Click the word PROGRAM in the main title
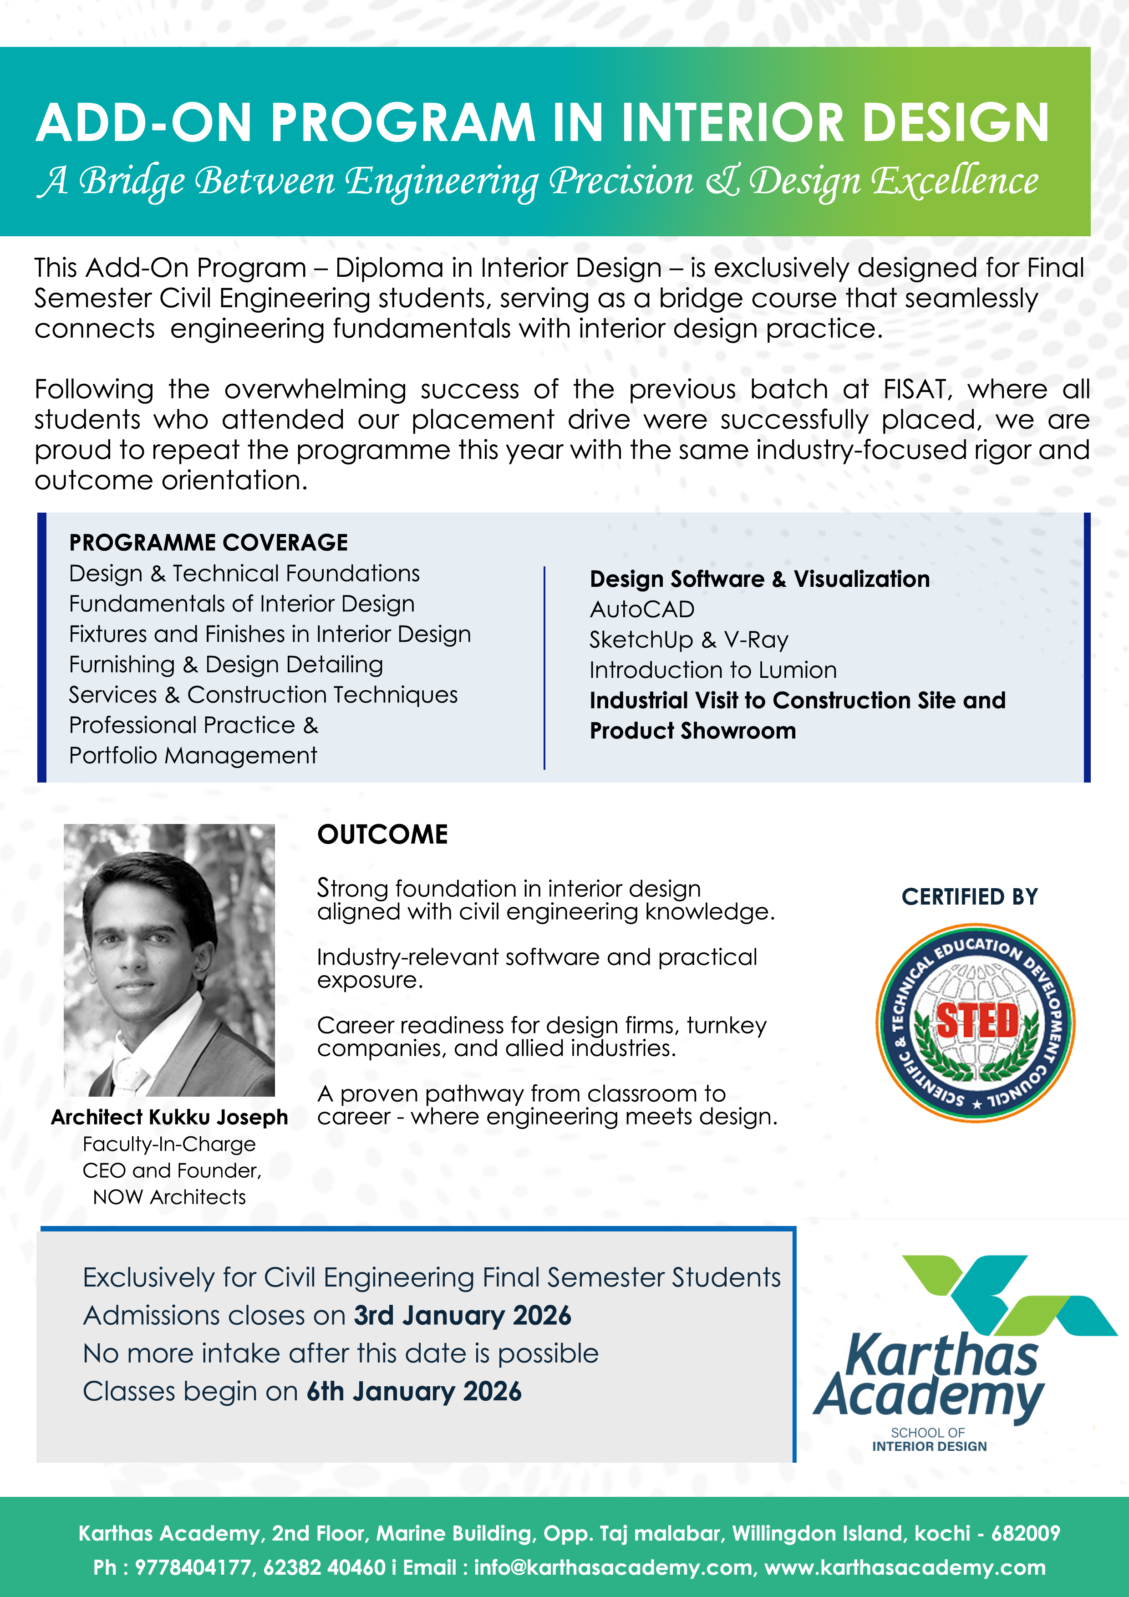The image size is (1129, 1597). click(402, 123)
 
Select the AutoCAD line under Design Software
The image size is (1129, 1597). click(641, 609)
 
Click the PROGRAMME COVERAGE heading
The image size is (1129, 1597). click(208, 543)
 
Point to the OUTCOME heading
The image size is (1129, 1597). click(382, 834)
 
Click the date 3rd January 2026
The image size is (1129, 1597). click(462, 1315)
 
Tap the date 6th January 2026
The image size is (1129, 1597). click(413, 1391)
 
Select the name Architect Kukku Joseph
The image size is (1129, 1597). click(169, 1117)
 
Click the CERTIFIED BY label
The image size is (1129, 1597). click(969, 896)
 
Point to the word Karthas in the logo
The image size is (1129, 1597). click(941, 1355)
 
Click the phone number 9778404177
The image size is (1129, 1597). click(192, 1567)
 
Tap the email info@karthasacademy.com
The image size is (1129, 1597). click(613, 1567)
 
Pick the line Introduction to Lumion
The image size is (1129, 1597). click(712, 670)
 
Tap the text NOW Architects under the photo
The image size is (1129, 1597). click(169, 1197)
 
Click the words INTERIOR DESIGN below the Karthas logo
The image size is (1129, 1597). click(929, 1446)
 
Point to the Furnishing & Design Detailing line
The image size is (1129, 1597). click(225, 664)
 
